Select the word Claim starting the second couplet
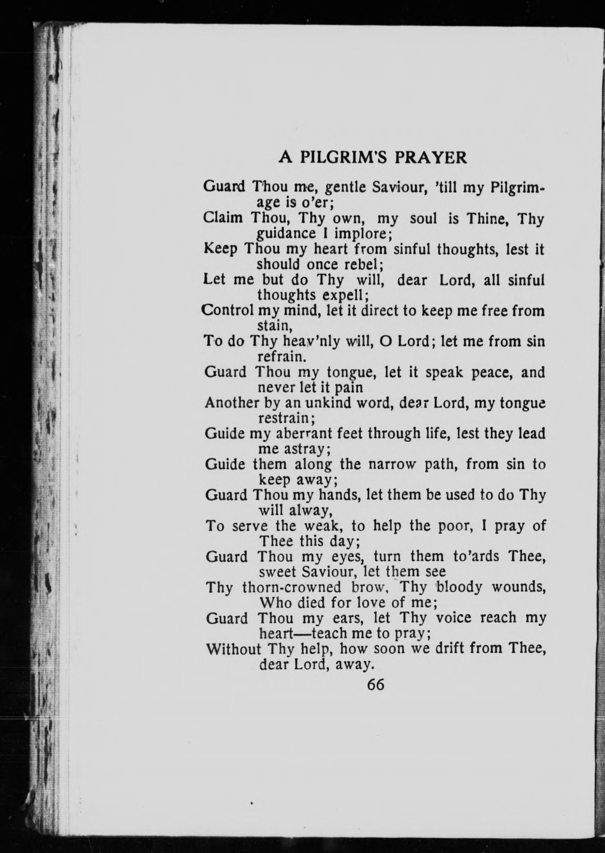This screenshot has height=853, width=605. coord(222,218)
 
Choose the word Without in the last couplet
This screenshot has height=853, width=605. coord(234,649)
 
